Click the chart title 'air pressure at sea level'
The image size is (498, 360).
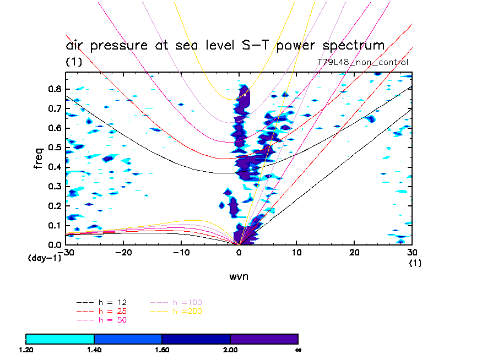pos(225,45)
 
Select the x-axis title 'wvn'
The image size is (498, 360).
pos(239,276)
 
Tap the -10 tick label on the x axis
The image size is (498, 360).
pos(181,253)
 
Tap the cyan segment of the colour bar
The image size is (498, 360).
pos(60,339)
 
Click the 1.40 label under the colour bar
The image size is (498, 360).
pos(94,350)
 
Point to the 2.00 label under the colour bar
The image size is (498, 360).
pos(230,350)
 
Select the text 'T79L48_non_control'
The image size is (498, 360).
pos(363,62)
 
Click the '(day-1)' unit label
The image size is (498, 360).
pos(45,257)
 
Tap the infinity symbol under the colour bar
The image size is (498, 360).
pos(297,350)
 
